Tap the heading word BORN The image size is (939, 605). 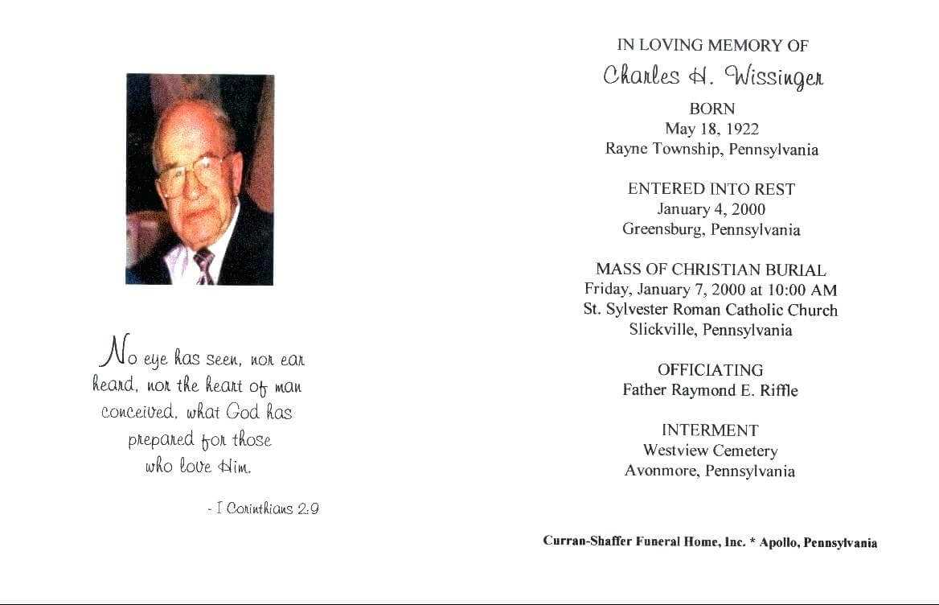pyautogui.click(x=711, y=109)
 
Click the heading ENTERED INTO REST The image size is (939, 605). pyautogui.click(x=711, y=189)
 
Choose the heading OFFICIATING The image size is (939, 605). pyautogui.click(x=710, y=370)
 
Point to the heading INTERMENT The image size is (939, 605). pyautogui.click(x=710, y=430)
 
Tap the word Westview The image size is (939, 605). pyautogui.click(x=675, y=451)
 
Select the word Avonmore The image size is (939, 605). pyautogui.click(x=662, y=471)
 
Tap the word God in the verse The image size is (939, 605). pyautogui.click(x=243, y=412)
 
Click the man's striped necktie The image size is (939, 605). pyautogui.click(x=204, y=265)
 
